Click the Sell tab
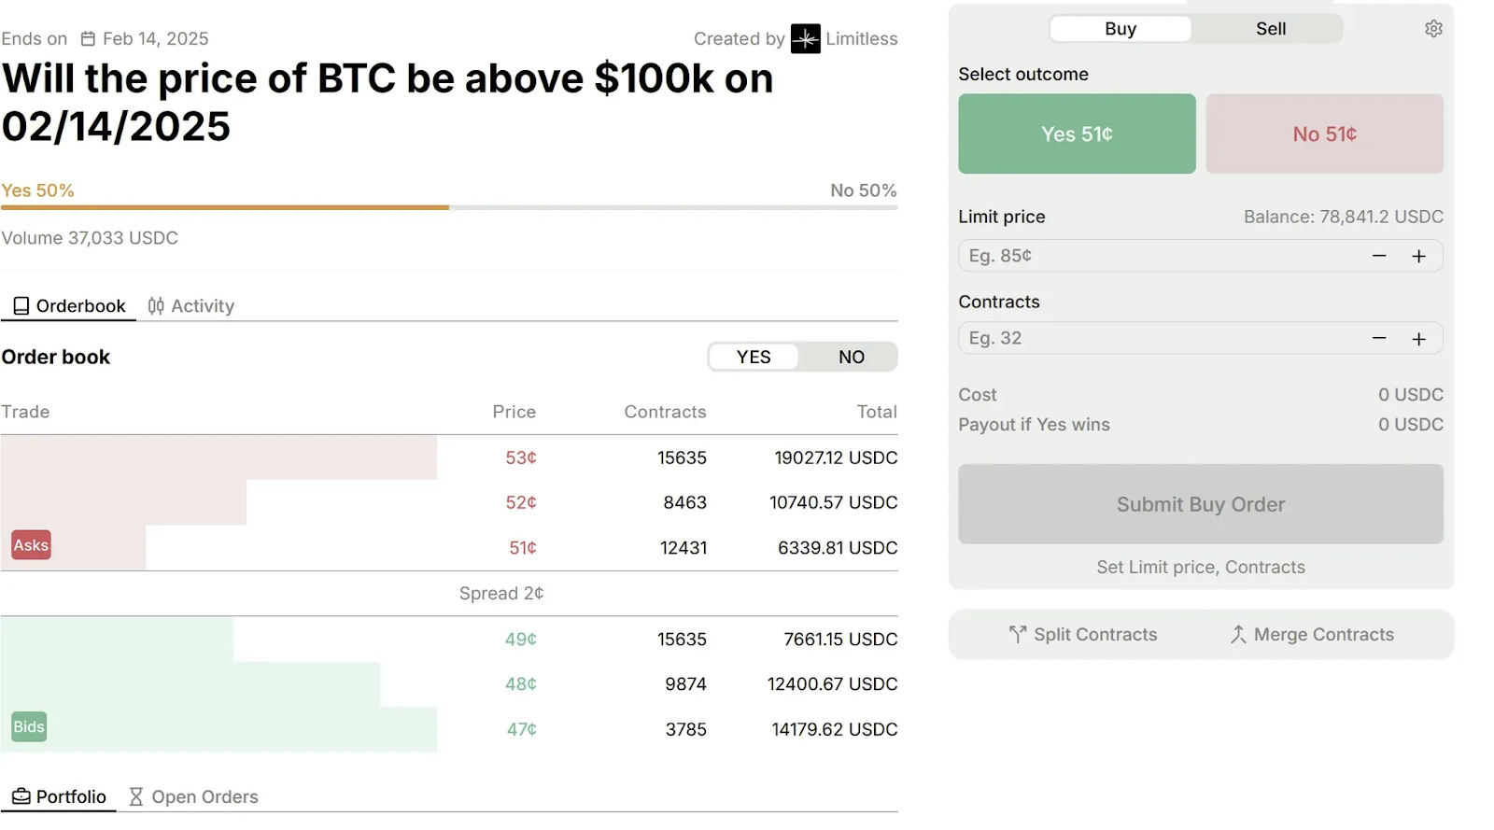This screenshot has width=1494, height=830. point(1270,29)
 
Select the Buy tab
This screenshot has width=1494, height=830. point(1120,29)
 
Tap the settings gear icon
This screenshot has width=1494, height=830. point(1433,29)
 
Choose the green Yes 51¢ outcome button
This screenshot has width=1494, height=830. point(1077,134)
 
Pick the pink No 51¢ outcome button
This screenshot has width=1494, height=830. point(1324,134)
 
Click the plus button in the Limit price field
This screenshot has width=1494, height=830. point(1418,256)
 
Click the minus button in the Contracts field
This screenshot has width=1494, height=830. point(1378,338)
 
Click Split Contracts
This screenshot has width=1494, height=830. point(1083,635)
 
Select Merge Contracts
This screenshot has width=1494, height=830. point(1312,635)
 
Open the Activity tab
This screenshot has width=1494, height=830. point(191,306)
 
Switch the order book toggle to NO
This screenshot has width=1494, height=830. point(851,357)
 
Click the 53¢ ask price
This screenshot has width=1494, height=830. point(521,457)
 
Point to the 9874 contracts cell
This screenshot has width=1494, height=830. point(685,684)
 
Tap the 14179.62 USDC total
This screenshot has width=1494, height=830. point(834,729)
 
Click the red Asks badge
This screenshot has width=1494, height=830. point(31,545)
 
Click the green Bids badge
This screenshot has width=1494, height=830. point(29,727)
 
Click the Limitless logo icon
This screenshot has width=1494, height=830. point(805,39)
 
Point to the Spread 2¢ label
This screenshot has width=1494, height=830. point(501,594)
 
